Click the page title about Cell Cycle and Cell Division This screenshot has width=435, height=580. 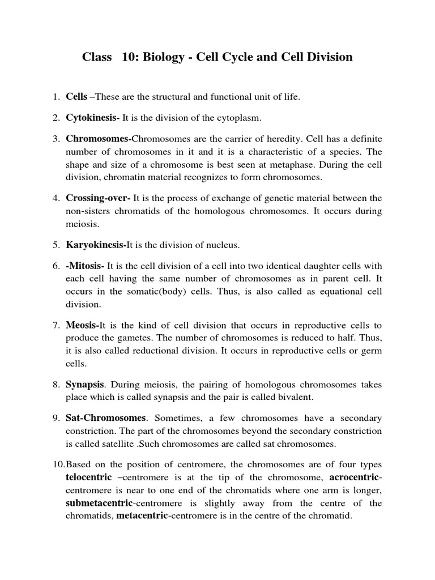click(217, 57)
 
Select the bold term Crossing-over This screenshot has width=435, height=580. click(99, 198)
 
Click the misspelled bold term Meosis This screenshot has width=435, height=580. click(83, 325)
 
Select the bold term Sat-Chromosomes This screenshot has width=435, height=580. click(106, 418)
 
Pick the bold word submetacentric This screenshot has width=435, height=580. click(99, 503)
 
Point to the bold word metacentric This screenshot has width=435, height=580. click(142, 516)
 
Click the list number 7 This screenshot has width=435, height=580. click(57, 325)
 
